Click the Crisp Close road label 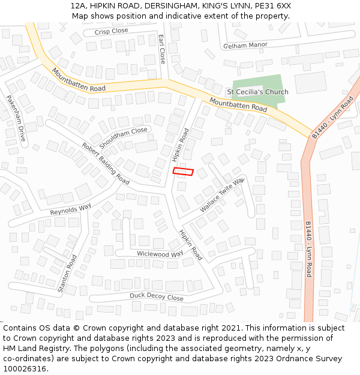[x=112, y=31]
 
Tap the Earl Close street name [x=162, y=49]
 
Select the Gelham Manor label [x=245, y=45]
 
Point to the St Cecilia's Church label [x=257, y=92]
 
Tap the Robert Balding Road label [x=106, y=163]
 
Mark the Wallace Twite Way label [x=222, y=195]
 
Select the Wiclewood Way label [x=160, y=254]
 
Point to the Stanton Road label [x=68, y=274]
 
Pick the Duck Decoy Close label [x=157, y=297]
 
